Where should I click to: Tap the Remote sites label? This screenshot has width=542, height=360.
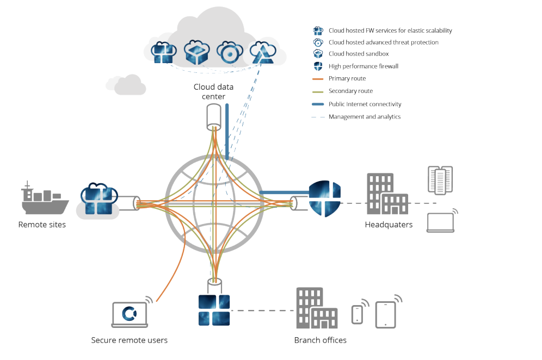42,225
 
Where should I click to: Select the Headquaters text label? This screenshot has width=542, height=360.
389,225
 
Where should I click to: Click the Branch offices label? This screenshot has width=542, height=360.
320,340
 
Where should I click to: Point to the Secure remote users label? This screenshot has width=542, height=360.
129,340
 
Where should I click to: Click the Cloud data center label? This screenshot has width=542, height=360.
210,92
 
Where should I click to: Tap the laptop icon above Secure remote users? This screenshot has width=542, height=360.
130,315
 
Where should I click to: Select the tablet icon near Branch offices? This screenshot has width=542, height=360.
385,314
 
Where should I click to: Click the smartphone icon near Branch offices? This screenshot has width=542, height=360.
357,314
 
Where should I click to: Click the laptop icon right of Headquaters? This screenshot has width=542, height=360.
440,222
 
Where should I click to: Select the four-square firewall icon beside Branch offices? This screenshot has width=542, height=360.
214,311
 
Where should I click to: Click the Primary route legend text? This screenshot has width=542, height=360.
347,79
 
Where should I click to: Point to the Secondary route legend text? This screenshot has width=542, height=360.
350,91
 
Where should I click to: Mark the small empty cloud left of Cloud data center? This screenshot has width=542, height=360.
126,85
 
